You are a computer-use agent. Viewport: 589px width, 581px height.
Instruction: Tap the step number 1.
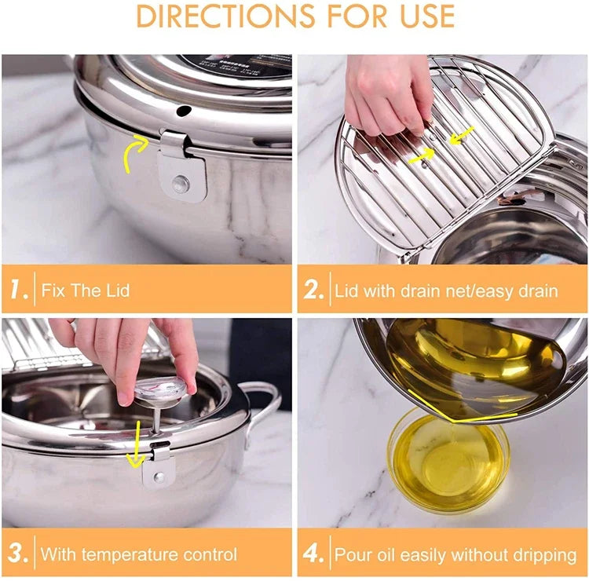coord(18,290)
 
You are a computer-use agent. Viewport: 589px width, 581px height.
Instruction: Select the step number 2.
coord(313,290)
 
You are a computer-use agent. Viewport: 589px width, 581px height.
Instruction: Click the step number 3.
coord(18,554)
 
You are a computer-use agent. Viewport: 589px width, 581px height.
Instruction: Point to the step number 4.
coord(314,554)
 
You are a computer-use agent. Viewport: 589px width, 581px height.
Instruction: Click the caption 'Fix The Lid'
coord(86,290)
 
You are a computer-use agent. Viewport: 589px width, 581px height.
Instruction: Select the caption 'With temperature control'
coord(138,554)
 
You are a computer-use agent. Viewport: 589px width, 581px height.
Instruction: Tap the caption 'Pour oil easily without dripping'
coord(455,554)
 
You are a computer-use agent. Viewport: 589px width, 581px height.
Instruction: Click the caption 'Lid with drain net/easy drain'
coord(446,290)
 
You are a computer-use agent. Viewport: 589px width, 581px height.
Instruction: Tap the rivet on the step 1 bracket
coord(181,184)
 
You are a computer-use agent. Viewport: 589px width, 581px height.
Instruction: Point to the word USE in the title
coord(424,16)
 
